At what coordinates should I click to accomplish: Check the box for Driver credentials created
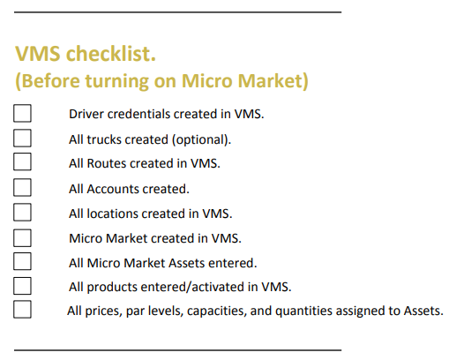coord(22,113)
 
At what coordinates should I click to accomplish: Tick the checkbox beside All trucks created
coord(22,138)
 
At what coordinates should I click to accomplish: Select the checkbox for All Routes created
coord(22,161)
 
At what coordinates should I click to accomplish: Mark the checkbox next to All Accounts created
coord(22,187)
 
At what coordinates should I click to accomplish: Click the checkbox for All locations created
coord(22,212)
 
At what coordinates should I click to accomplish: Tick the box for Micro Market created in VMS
coord(22,238)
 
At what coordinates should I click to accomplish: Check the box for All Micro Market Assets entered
coord(22,261)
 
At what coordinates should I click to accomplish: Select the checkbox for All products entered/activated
coord(22,286)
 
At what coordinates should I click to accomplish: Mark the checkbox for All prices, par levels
coord(22,310)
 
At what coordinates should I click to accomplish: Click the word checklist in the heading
coord(111,54)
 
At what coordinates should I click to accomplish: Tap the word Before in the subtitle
coord(48,80)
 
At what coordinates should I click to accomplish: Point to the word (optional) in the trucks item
coord(201,139)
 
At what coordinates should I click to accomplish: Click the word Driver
coord(86,114)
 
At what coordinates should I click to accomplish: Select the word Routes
coord(107,163)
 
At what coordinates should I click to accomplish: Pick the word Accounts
coord(112,189)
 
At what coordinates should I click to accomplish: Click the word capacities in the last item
coord(217,311)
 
